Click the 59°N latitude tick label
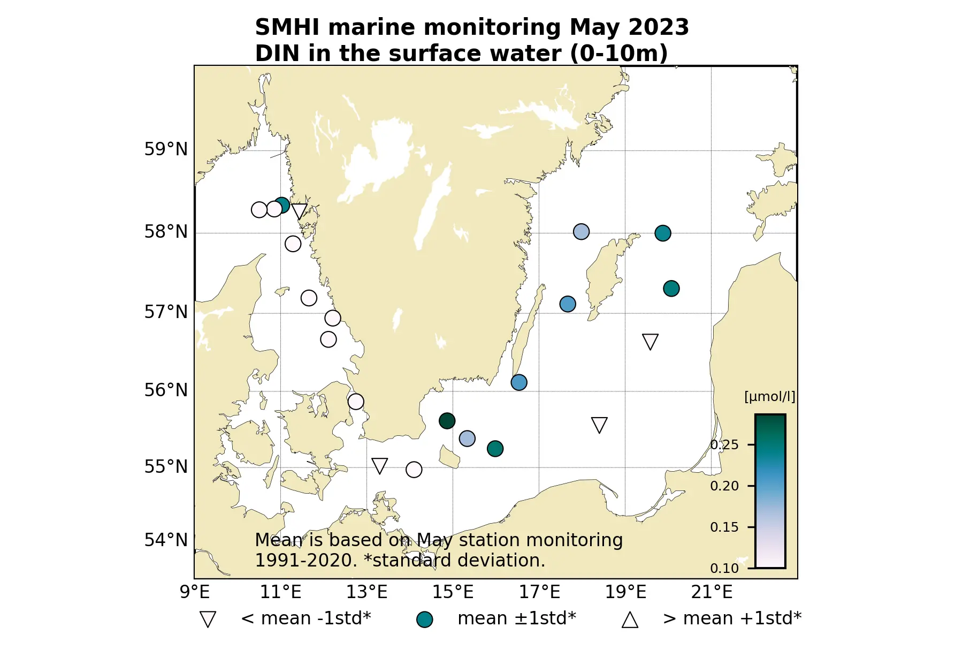[166, 149]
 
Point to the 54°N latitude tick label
[166, 540]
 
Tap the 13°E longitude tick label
[366, 592]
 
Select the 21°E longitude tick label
[712, 592]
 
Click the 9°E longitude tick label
[195, 592]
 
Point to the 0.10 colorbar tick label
[724, 568]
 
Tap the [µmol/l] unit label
[769, 397]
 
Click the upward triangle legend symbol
[630, 620]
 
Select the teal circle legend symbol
[424, 620]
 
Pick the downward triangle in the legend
[208, 619]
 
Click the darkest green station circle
[447, 421]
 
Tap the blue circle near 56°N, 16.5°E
[518, 382]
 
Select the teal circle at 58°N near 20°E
[662, 233]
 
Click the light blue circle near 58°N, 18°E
[581, 232]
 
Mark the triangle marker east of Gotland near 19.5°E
[650, 341]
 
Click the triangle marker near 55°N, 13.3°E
[379, 465]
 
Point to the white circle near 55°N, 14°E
[414, 470]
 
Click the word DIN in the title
[277, 54]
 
